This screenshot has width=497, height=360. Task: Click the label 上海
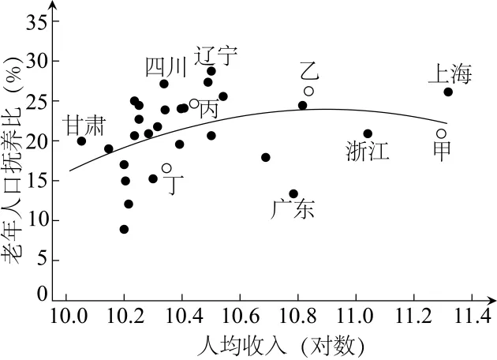coord(450,75)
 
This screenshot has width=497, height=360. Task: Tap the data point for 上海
coord(448,92)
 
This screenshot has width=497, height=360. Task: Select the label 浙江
coord(368,152)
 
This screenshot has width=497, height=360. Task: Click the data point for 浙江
coord(368,133)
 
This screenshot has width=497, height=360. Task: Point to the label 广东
coord(293,210)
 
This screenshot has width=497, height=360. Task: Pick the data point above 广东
coord(293,193)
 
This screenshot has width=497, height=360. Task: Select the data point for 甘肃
coord(81,141)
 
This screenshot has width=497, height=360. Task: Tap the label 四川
coord(166,68)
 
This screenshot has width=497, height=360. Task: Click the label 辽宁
coord(216,56)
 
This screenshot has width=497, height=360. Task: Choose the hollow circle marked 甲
coord(441,133)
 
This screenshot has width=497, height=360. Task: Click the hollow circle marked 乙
coord(308,91)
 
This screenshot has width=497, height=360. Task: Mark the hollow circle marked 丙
coord(194,103)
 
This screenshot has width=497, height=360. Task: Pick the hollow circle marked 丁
coord(166,167)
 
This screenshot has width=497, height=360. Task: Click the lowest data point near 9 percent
coord(124,229)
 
